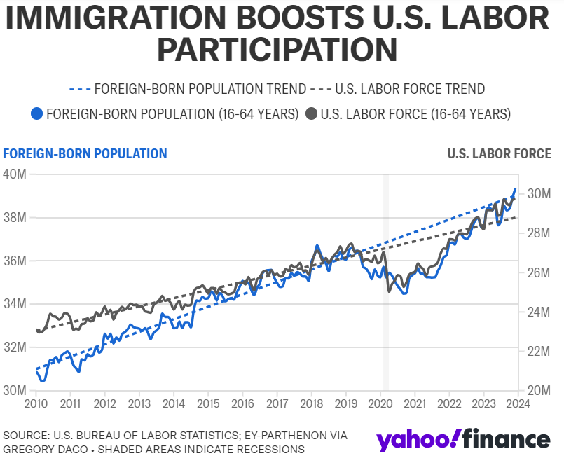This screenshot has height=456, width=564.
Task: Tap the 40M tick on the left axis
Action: [15, 174]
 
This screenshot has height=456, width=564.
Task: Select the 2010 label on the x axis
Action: [36, 403]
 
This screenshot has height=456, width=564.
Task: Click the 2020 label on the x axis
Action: [380, 403]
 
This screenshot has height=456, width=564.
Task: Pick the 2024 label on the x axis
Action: [518, 403]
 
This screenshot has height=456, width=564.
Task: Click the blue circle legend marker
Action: [38, 113]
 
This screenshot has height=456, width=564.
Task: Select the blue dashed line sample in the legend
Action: [80, 89]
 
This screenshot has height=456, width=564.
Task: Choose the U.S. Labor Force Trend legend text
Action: [410, 89]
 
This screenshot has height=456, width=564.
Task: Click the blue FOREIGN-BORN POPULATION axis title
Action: [85, 153]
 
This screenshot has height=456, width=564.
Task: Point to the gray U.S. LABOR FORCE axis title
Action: [499, 153]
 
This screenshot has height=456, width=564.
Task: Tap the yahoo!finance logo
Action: [462, 439]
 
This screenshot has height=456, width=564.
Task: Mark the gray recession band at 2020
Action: [385, 280]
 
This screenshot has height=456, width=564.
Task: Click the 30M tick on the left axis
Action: [15, 391]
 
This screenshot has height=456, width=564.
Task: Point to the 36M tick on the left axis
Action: [15, 261]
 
